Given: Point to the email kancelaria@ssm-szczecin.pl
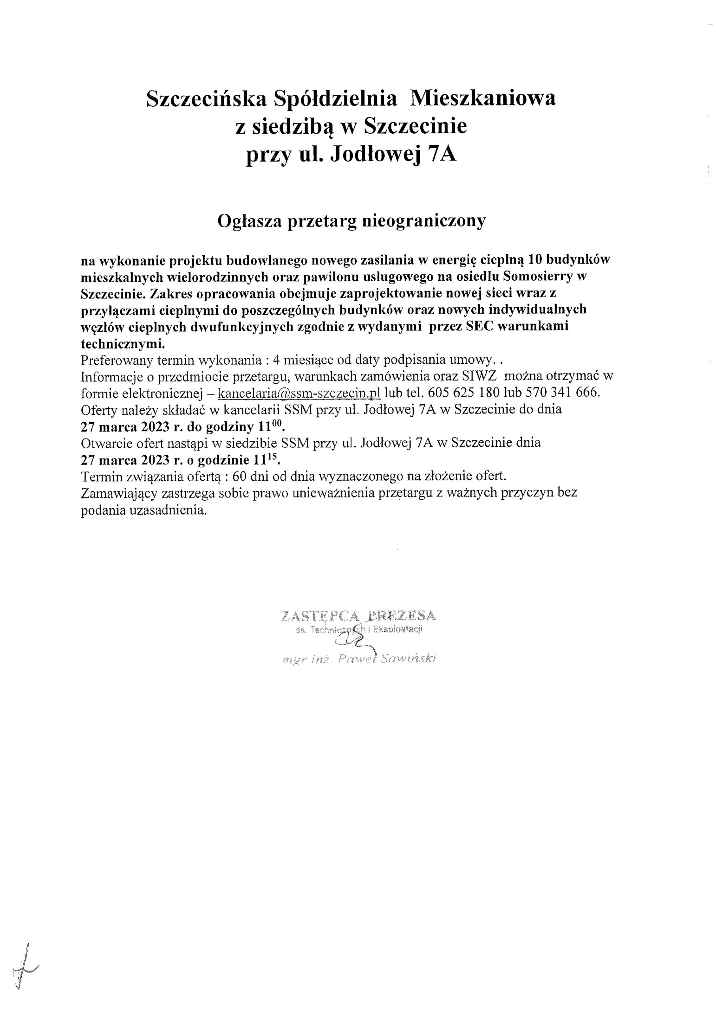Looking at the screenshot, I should (299, 392).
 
